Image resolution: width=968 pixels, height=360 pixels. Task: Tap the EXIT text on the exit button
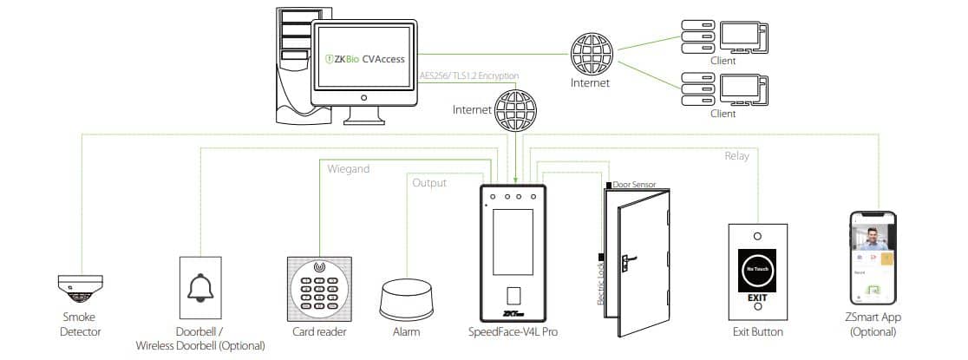click(x=757, y=299)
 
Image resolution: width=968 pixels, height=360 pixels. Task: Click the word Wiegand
click(x=347, y=169)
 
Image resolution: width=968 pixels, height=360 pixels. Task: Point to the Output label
click(x=429, y=183)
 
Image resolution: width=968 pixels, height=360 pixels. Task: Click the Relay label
click(x=736, y=156)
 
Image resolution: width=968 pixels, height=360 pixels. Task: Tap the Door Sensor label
click(x=633, y=185)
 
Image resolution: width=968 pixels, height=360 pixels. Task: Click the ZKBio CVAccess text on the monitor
click(x=364, y=59)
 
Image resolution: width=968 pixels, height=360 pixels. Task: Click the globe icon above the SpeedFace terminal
click(x=512, y=110)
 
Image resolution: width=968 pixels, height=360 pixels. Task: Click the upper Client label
click(x=723, y=62)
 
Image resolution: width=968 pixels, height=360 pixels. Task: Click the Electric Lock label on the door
click(x=600, y=285)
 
